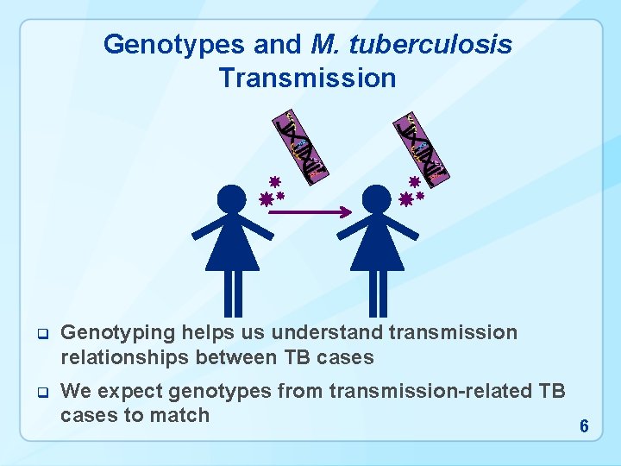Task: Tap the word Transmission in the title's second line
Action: click(307, 79)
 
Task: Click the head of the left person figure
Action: click(231, 200)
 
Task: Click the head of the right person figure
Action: click(377, 200)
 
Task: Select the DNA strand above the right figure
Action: click(423, 148)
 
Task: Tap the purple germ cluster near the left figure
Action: click(273, 192)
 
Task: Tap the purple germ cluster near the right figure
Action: click(413, 192)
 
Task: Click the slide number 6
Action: click(584, 426)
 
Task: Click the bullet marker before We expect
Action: click(40, 393)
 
